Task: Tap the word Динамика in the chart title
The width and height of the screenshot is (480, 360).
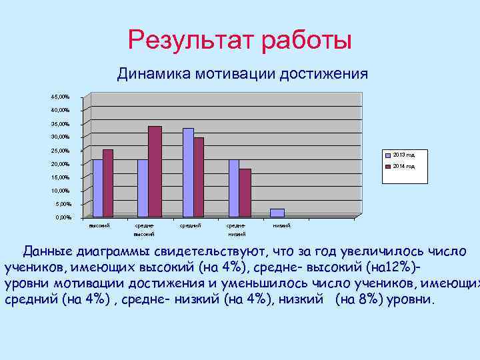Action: click(153, 73)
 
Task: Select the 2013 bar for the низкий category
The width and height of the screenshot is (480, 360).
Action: click(277, 213)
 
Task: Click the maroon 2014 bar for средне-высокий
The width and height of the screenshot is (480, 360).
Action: click(155, 171)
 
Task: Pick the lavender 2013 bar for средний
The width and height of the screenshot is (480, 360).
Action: click(188, 172)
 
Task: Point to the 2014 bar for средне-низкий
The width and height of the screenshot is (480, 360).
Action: click(245, 193)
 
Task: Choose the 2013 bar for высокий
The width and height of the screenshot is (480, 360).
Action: click(97, 188)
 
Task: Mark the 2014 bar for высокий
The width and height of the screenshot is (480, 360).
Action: click(108, 183)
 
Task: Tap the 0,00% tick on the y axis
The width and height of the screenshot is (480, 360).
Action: click(63, 217)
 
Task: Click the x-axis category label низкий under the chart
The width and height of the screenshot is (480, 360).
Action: click(281, 226)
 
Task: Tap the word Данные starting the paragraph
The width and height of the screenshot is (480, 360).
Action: click(47, 252)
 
